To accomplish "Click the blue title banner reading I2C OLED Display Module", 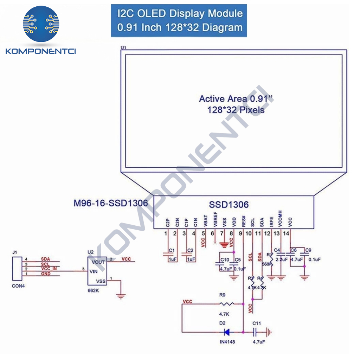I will [179, 20].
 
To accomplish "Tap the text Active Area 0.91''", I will [236, 99].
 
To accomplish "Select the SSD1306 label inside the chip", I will [229, 205].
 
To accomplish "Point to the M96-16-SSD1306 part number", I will [111, 203].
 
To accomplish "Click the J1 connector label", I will [14, 252].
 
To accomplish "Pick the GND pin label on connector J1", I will [46, 274].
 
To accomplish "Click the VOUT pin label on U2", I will [98, 262].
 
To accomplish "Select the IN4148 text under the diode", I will [227, 341].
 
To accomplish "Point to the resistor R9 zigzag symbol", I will [227, 304].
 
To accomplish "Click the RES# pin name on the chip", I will [243, 221].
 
